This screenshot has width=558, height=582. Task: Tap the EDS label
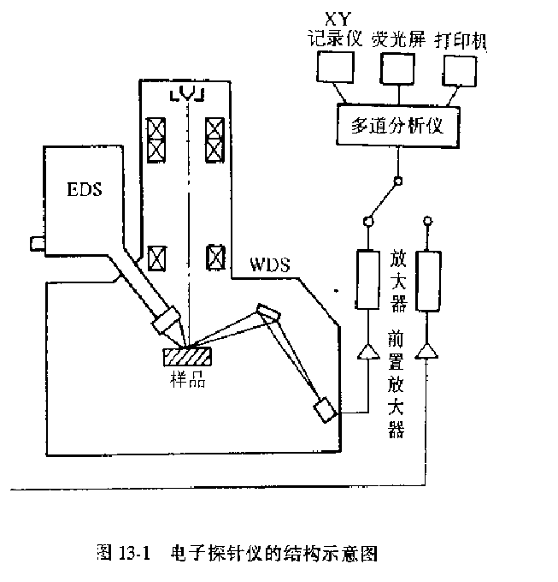[84, 189]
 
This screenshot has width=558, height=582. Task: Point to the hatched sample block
[191, 351]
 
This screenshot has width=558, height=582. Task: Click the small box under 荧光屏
[395, 68]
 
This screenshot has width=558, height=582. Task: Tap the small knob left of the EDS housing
[35, 244]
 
